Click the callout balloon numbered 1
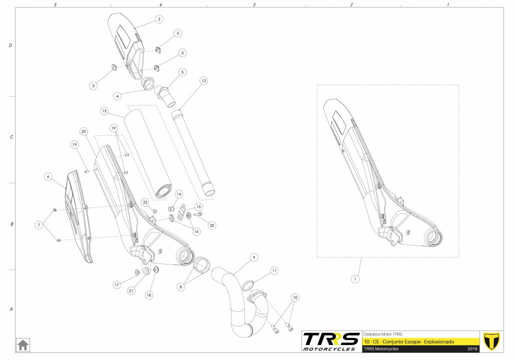coord(354,279)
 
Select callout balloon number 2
coord(159,19)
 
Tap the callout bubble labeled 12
coord(203,80)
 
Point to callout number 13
coord(104,111)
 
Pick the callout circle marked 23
coord(83,131)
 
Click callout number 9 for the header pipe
coord(253,257)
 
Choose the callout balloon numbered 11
coord(274,270)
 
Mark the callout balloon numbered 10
coord(295,297)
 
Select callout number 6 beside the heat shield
coord(48,176)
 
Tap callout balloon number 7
coord(39,225)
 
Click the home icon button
coord(22,345)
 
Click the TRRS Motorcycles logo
coord(331,341)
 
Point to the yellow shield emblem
coord(491,341)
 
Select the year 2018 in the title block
coord(472,349)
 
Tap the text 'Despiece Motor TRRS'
coord(382,334)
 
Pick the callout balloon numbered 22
coord(145,202)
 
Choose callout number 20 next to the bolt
coord(212,225)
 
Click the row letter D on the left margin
coord(10,45)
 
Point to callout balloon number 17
coord(116,285)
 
